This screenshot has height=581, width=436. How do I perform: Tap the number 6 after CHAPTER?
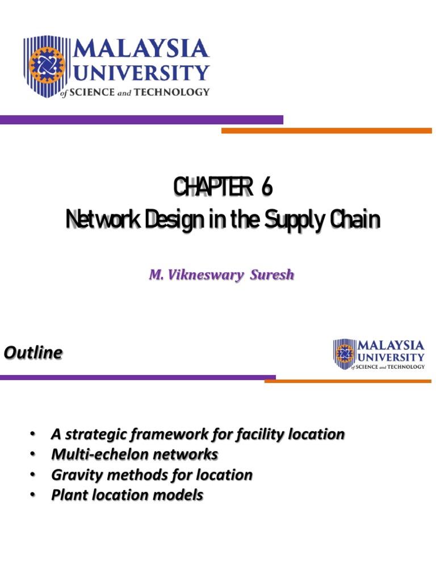pyautogui.click(x=266, y=188)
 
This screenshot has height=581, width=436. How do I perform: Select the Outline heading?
pyautogui.click(x=33, y=353)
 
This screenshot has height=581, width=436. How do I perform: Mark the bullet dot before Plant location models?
pyautogui.click(x=32, y=495)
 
